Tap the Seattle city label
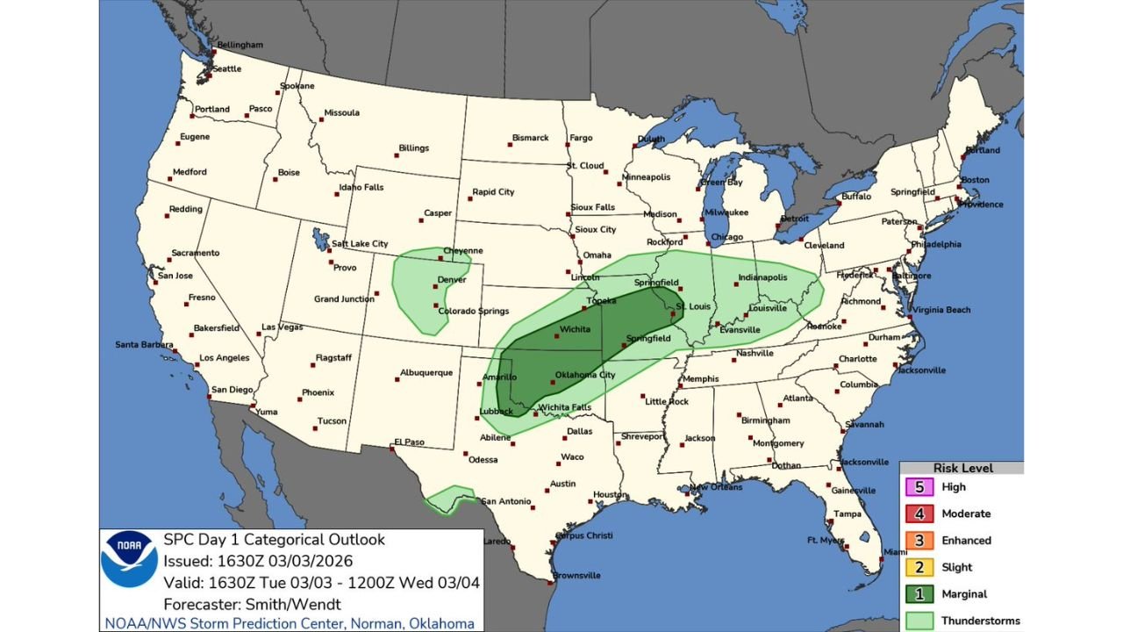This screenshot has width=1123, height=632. pyautogui.click(x=226, y=68)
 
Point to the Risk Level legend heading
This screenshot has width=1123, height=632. pyautogui.click(x=962, y=468)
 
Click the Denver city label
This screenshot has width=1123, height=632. pyautogui.click(x=451, y=280)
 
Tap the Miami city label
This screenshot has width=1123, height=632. pyautogui.click(x=895, y=552)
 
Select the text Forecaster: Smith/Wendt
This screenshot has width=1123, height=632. pyautogui.click(x=251, y=604)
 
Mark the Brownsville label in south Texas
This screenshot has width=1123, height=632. pyautogui.click(x=576, y=576)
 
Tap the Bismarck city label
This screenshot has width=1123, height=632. pyautogui.click(x=530, y=138)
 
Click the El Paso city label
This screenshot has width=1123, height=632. pyautogui.click(x=409, y=442)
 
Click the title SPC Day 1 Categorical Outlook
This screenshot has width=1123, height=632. pyautogui.click(x=274, y=540)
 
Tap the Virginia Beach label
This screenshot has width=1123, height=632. pyautogui.click(x=941, y=310)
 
